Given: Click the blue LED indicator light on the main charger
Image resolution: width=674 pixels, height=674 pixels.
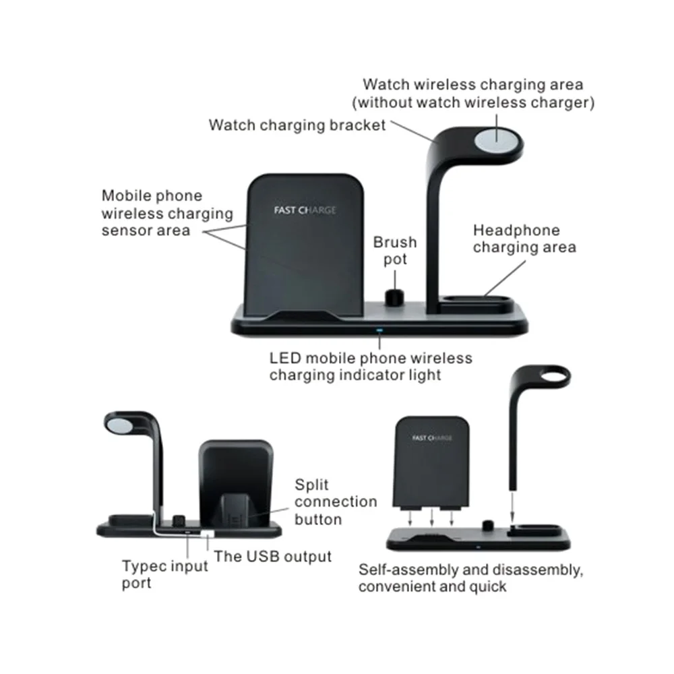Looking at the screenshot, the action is pos(379,331).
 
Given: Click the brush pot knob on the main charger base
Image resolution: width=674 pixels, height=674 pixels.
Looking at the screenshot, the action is pos(390,297).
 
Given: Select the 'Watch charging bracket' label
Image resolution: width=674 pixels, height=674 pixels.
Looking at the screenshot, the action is pos(297,125).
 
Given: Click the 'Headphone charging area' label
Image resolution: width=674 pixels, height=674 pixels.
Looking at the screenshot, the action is pos(524,239).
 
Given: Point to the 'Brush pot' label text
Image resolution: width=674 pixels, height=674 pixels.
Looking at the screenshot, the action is pos(395,251).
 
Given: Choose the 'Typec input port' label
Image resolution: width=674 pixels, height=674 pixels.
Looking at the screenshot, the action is pos(165,574).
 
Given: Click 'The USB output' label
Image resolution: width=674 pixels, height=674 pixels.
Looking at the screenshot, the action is pos(273,556).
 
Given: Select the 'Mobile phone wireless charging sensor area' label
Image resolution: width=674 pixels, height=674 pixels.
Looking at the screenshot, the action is pos(166,213).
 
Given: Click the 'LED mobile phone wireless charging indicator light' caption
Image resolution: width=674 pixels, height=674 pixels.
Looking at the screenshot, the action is pos(371,366).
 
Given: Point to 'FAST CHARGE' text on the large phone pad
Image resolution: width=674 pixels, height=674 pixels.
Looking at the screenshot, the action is pos(305,210).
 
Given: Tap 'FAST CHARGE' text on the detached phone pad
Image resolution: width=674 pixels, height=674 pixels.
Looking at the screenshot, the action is pos(432,438).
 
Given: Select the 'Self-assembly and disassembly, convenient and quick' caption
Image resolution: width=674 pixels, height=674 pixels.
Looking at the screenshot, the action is pos(470,578).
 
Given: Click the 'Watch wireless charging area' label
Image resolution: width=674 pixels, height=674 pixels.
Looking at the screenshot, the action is pos(473,94).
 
